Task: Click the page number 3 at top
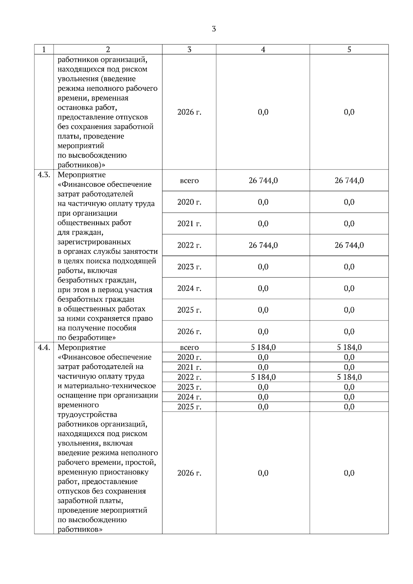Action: (x=214, y=29)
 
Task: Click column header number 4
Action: (x=263, y=50)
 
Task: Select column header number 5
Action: (x=349, y=50)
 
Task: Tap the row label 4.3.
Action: (x=44, y=175)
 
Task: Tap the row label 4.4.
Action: (x=44, y=347)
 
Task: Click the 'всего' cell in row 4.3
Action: (x=189, y=181)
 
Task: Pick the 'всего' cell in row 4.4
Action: (x=189, y=347)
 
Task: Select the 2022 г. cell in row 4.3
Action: (x=189, y=245)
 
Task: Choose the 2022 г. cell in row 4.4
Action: (x=189, y=377)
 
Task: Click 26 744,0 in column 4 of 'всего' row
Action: (x=263, y=181)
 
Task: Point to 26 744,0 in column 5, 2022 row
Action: (x=349, y=245)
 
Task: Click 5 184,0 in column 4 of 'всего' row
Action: (x=263, y=347)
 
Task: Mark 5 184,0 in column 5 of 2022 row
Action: (x=349, y=377)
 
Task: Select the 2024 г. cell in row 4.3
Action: (x=189, y=288)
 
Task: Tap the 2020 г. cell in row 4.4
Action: (x=189, y=357)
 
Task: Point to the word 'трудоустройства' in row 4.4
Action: (x=87, y=414)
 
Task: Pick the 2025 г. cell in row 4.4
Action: (x=189, y=407)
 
